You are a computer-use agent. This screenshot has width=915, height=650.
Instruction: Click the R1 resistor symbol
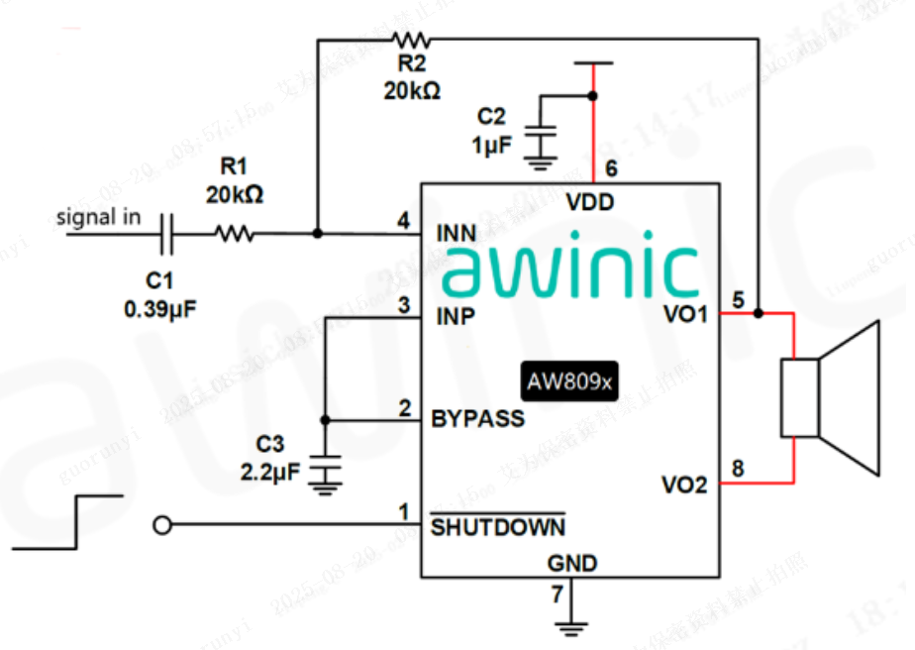(x=235, y=235)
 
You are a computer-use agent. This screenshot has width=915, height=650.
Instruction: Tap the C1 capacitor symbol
(x=167, y=235)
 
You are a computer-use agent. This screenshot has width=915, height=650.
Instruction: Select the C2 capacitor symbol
(x=541, y=132)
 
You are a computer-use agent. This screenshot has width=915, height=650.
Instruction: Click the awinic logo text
(x=570, y=266)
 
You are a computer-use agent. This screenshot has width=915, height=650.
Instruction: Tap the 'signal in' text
(x=98, y=217)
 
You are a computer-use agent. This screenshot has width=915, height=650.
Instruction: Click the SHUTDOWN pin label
(x=498, y=526)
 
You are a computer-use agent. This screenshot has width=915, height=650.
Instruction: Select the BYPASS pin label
(x=477, y=418)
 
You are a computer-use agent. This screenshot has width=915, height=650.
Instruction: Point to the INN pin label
(x=456, y=233)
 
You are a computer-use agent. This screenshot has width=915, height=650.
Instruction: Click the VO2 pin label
(x=684, y=486)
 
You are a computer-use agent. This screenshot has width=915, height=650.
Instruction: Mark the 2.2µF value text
(x=269, y=473)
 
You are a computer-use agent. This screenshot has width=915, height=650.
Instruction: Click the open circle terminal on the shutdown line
(x=165, y=524)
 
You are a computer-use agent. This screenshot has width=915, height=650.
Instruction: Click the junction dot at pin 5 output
(x=759, y=313)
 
